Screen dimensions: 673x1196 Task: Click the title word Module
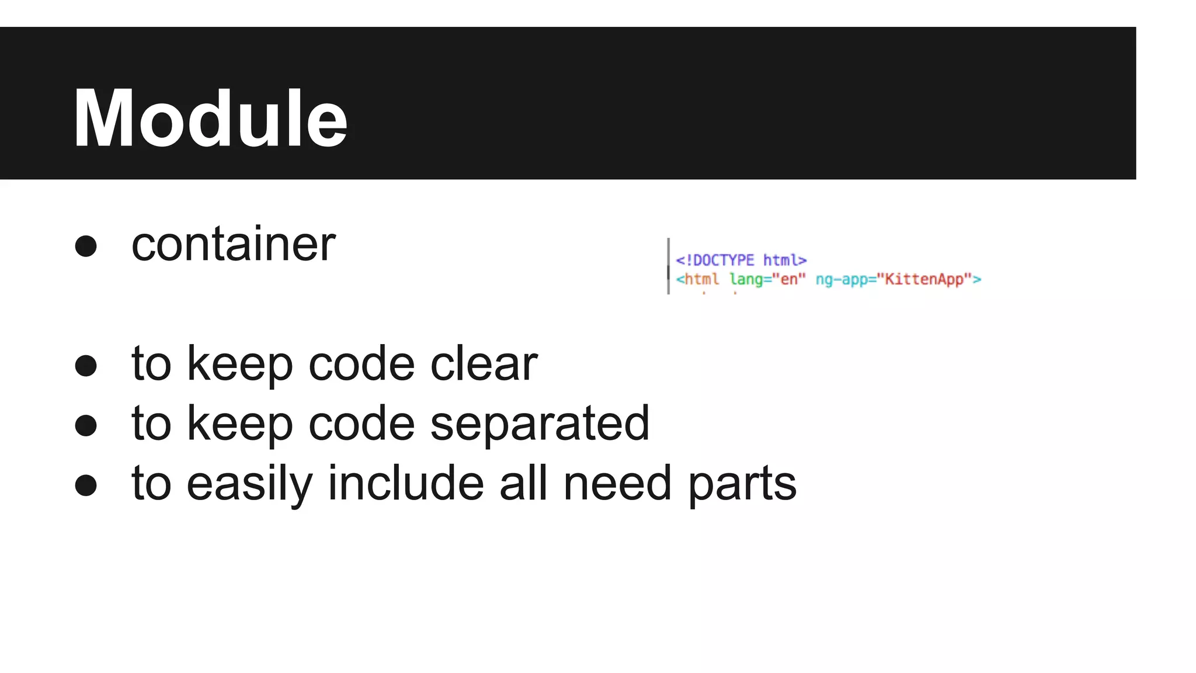(210, 118)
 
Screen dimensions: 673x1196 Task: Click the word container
(233, 244)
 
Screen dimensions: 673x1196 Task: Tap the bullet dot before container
(86, 246)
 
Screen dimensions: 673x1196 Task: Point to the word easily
(250, 484)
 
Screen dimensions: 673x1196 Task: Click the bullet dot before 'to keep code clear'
(86, 366)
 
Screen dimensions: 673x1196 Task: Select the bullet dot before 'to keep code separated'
(86, 425)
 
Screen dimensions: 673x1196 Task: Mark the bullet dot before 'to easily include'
(86, 485)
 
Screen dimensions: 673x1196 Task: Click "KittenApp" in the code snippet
(924, 279)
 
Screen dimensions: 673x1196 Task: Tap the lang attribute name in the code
(746, 279)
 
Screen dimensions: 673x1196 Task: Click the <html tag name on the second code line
(698, 279)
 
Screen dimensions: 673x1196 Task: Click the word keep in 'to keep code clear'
(239, 363)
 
